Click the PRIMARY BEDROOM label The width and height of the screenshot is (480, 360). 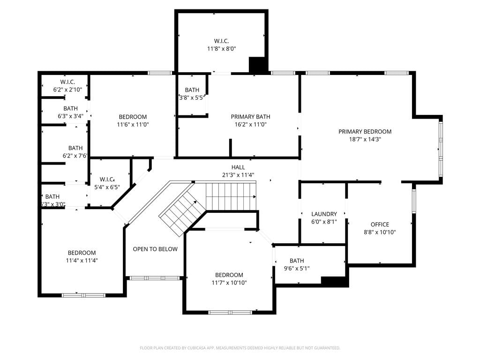click(x=365, y=132)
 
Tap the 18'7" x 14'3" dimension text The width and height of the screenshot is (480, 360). click(x=365, y=139)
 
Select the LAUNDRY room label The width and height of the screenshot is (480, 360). click(x=324, y=214)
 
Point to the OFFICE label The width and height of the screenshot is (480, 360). click(x=380, y=225)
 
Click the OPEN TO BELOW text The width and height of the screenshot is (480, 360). click(x=155, y=249)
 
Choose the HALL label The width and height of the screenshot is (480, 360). click(x=238, y=167)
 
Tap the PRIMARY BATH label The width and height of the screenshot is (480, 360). click(x=250, y=117)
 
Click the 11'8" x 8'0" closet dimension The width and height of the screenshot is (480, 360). click(x=221, y=48)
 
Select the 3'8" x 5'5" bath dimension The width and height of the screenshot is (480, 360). click(x=192, y=97)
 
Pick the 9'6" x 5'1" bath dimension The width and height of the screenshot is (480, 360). click(x=297, y=269)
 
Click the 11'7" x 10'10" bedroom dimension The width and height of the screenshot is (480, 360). click(x=229, y=283)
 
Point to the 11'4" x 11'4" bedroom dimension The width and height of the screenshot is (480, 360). click(x=82, y=261)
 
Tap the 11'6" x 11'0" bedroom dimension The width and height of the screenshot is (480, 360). click(x=133, y=125)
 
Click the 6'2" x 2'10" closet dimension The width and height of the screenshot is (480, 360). click(x=67, y=90)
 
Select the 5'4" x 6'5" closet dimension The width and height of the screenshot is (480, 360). click(x=107, y=187)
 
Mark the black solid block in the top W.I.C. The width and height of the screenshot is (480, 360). click(x=258, y=65)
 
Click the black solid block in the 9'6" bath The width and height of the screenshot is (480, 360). click(x=335, y=282)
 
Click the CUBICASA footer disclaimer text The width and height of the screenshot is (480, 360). click(x=240, y=348)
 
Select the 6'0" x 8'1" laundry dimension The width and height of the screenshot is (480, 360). click(x=324, y=222)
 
